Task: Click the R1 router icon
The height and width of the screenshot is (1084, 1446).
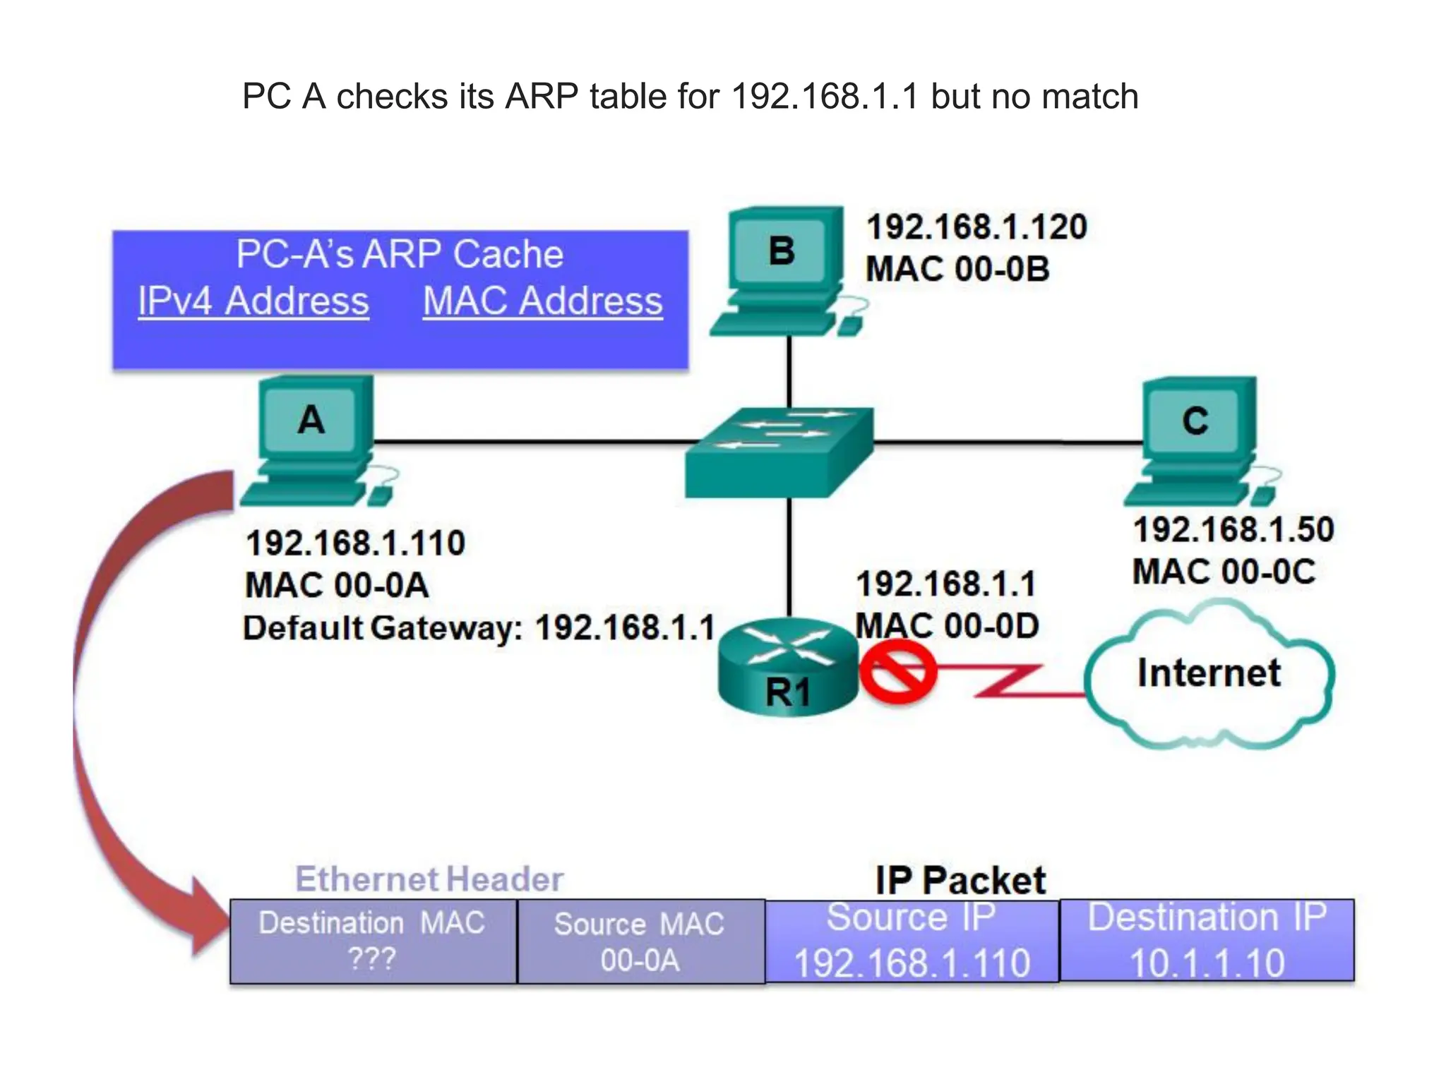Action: [x=787, y=667]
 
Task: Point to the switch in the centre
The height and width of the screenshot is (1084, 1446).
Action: [x=779, y=452]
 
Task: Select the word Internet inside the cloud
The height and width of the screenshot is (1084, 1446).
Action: [x=1208, y=673]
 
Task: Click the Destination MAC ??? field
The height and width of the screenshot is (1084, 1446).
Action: [x=373, y=941]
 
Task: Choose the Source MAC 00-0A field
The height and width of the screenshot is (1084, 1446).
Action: [x=640, y=941]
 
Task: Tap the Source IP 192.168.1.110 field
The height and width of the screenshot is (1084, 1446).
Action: [x=912, y=941]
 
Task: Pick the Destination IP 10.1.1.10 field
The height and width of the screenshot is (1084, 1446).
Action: [x=1207, y=941]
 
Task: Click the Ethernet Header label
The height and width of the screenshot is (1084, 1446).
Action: [x=429, y=879]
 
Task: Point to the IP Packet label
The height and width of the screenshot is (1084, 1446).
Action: [x=960, y=880]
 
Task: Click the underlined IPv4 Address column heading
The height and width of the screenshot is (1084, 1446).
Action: [x=253, y=301]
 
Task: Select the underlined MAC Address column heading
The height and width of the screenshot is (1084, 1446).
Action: [x=542, y=301]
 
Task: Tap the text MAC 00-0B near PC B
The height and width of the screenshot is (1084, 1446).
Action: [x=957, y=269]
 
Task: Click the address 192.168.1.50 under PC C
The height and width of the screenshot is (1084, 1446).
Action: [x=1233, y=529]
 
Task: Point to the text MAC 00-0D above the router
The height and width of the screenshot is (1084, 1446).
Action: [x=946, y=625]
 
